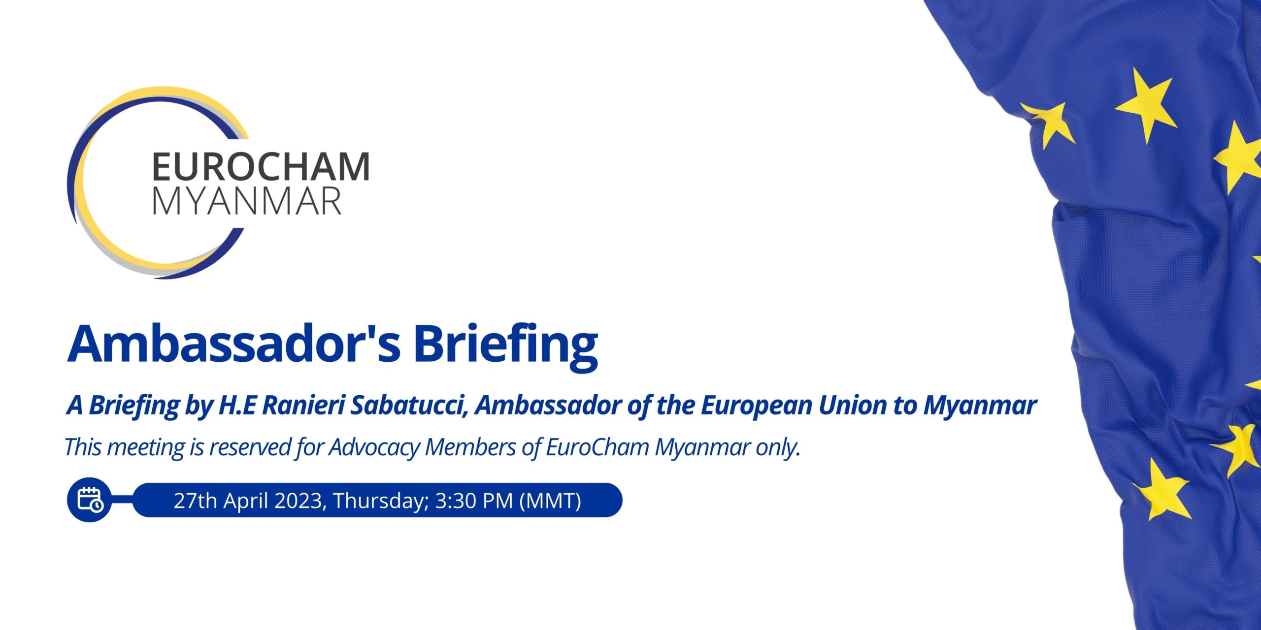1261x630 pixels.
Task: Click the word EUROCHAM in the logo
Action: click(261, 166)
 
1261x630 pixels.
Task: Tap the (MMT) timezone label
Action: click(550, 501)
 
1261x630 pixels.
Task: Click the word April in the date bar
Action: click(246, 501)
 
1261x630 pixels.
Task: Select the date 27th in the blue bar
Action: click(196, 501)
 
